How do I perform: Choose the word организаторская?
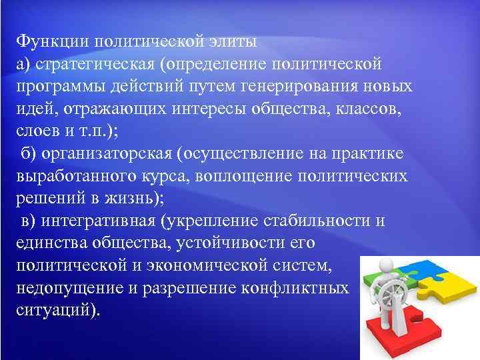[106, 155]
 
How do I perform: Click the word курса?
[177, 177]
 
